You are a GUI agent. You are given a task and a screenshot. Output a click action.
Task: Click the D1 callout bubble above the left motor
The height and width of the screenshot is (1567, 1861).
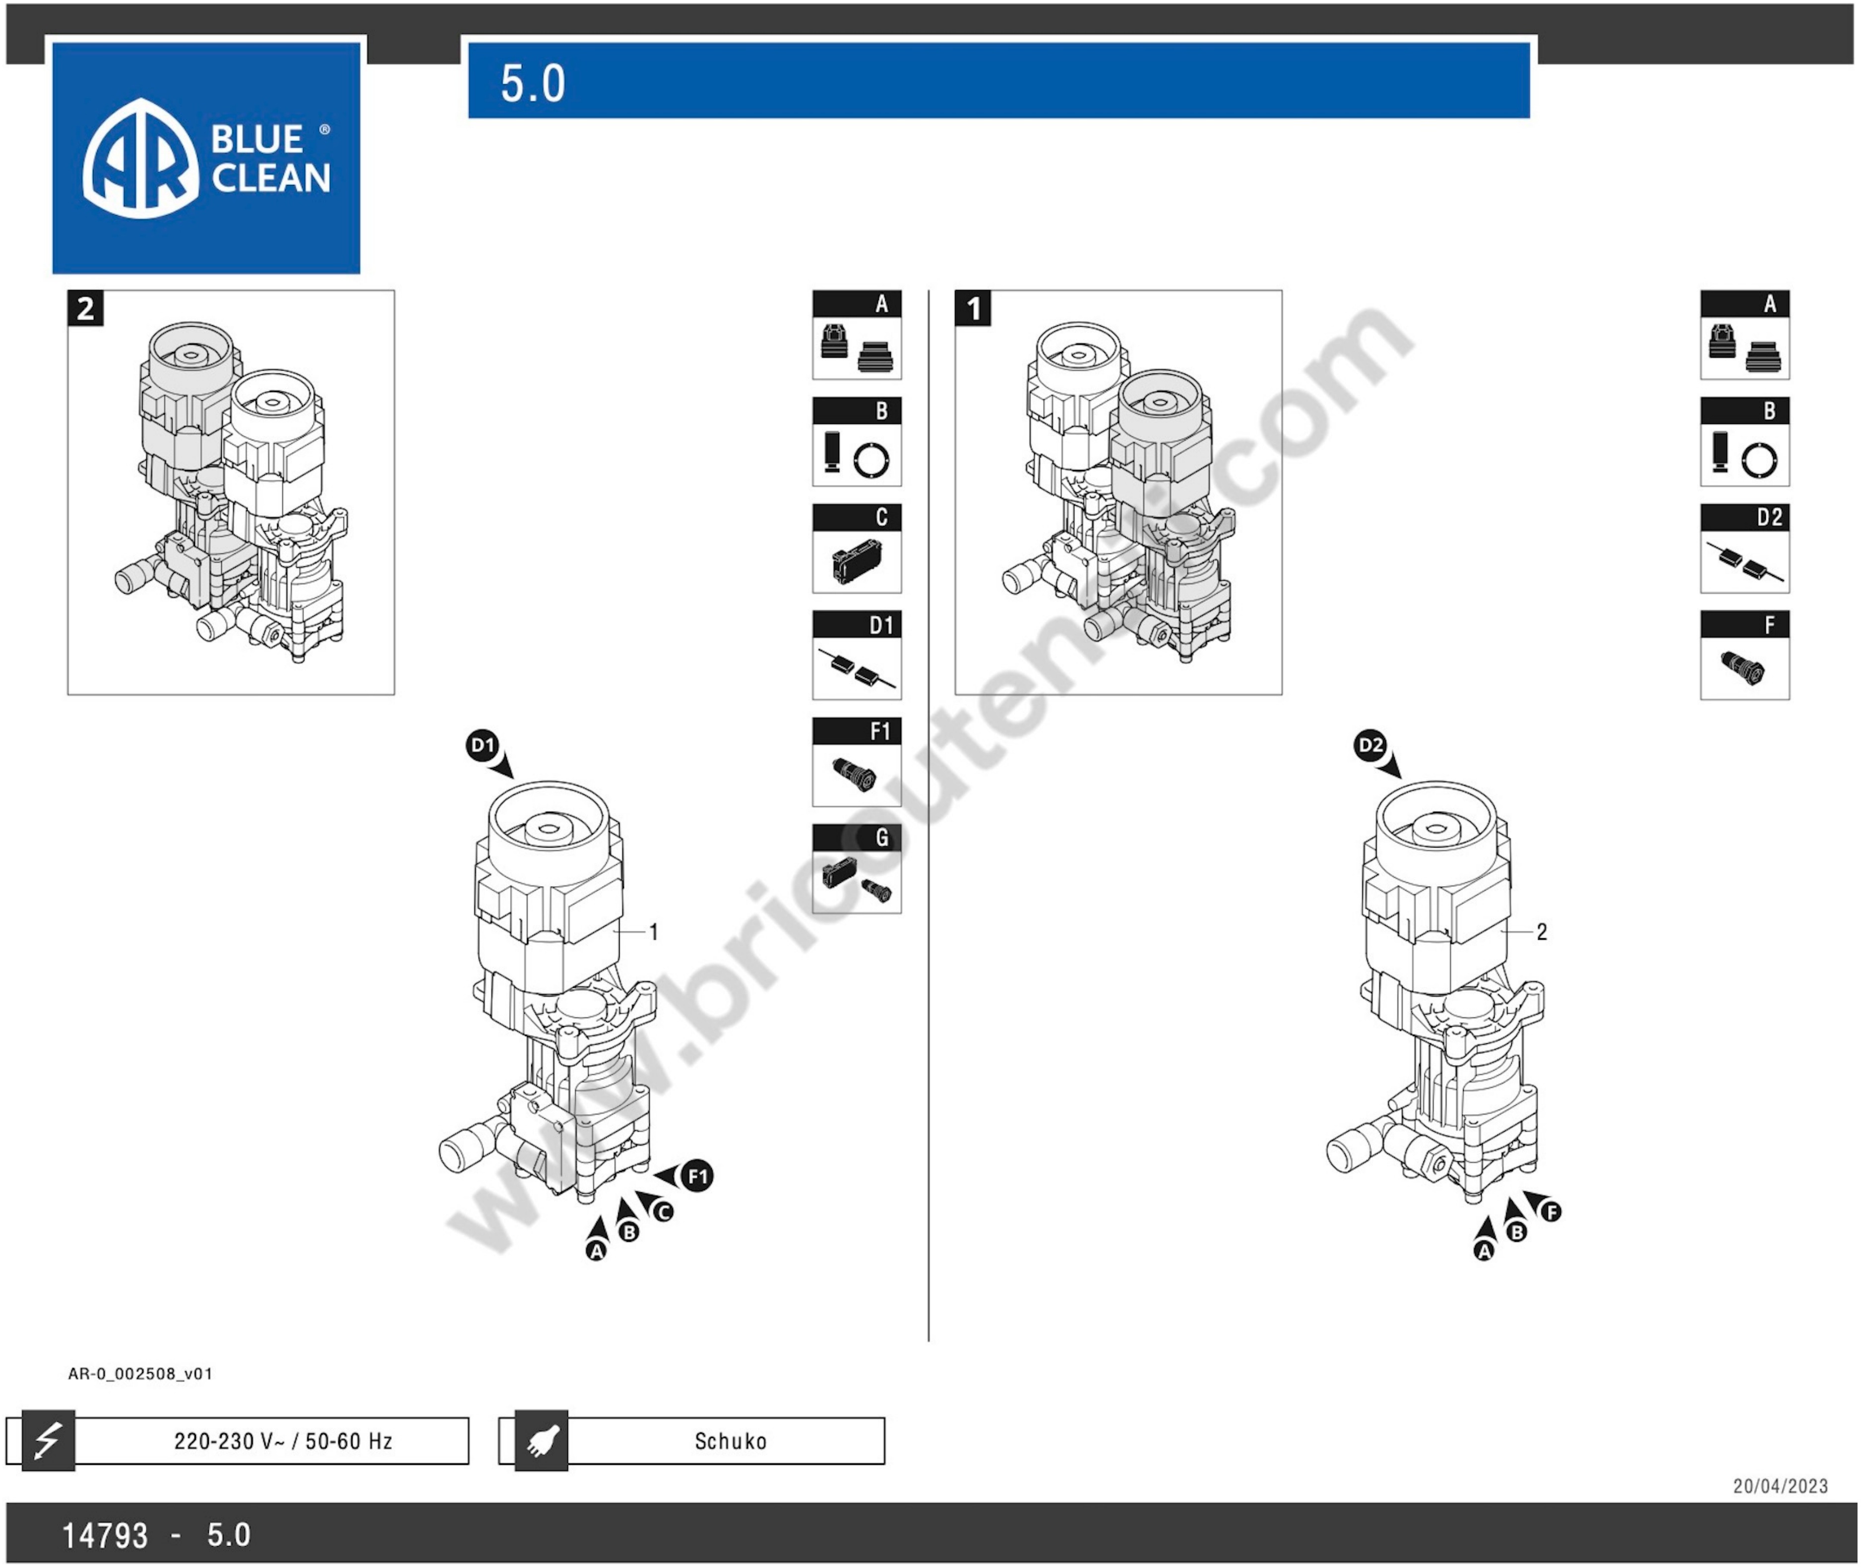(x=482, y=745)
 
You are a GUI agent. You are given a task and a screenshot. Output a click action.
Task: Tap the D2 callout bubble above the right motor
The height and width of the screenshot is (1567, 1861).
(x=1370, y=745)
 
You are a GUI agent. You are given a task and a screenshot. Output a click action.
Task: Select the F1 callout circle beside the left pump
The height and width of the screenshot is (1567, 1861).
(x=697, y=1176)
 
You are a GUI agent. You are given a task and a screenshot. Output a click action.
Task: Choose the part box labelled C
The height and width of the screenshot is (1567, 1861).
(x=856, y=548)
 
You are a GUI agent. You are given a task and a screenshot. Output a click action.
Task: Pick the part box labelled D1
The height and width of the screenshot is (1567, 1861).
(x=856, y=655)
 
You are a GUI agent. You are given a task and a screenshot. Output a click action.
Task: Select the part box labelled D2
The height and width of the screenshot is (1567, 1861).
(x=1744, y=548)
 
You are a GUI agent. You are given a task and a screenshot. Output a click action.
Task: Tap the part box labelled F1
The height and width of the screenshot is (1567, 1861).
(x=856, y=761)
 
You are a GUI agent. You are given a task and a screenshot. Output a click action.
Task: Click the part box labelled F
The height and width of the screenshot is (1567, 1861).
(x=1744, y=655)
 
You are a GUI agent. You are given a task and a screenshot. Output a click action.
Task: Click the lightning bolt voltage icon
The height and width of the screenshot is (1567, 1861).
(x=48, y=1440)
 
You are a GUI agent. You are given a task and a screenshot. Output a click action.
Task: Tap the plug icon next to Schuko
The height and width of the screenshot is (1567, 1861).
(x=541, y=1440)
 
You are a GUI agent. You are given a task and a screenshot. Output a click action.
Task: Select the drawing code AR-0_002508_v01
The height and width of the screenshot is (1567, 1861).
(x=140, y=1373)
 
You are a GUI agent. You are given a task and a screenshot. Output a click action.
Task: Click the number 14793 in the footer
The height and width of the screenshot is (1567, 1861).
(x=105, y=1535)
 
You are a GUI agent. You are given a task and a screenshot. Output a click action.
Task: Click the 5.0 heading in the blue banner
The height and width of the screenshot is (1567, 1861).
(x=532, y=83)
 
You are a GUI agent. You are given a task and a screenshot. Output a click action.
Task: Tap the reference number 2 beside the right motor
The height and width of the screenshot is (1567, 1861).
(x=1541, y=932)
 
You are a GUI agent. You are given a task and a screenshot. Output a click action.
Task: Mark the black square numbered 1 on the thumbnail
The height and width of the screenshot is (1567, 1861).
(x=973, y=308)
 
